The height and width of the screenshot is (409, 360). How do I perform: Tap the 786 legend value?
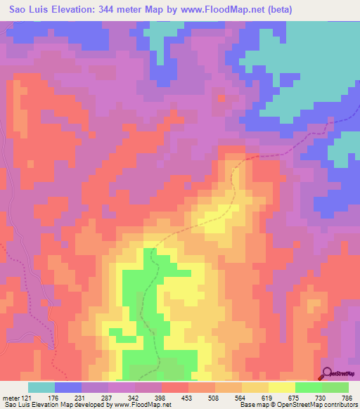tap(347, 398)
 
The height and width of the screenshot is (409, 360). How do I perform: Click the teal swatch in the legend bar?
tap(41, 387)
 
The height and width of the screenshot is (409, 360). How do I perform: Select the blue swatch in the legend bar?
tap(68, 387)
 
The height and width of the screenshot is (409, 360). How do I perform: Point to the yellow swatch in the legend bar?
tap(282, 387)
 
